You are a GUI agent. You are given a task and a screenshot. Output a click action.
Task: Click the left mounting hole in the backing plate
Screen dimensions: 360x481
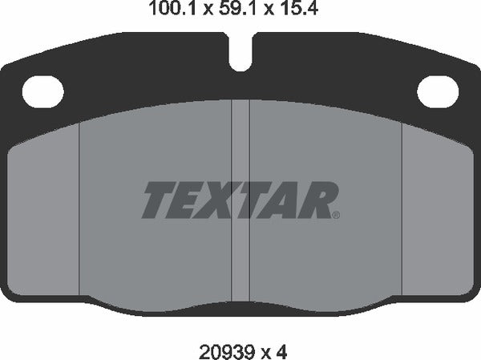tap(42, 91)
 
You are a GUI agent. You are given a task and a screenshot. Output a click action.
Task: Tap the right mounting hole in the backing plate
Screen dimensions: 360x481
tap(437, 91)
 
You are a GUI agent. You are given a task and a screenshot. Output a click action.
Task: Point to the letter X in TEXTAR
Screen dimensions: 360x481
tap(227, 200)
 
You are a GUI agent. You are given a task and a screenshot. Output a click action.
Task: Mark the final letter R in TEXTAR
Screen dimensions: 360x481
tap(320, 200)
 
